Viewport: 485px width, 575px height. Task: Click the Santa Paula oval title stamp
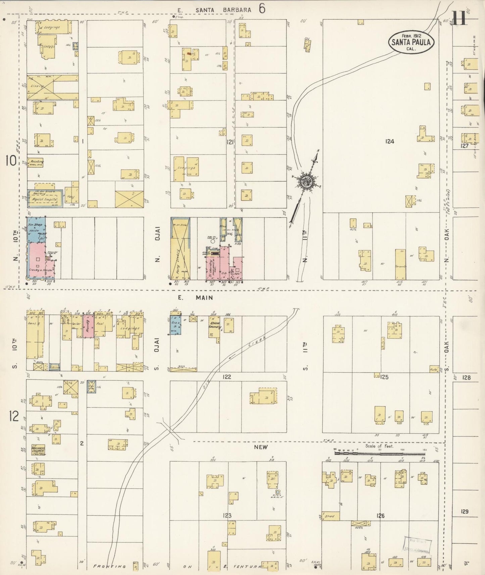[411, 42]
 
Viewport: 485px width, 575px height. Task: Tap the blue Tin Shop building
[35, 229]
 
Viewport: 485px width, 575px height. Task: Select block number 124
[389, 142]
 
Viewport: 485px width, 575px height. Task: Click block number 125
[385, 377]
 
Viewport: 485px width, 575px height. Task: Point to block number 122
[227, 377]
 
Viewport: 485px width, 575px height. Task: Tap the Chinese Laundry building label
[214, 325]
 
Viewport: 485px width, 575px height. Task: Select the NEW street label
[260, 447]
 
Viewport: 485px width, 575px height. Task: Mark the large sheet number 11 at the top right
[459, 18]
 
